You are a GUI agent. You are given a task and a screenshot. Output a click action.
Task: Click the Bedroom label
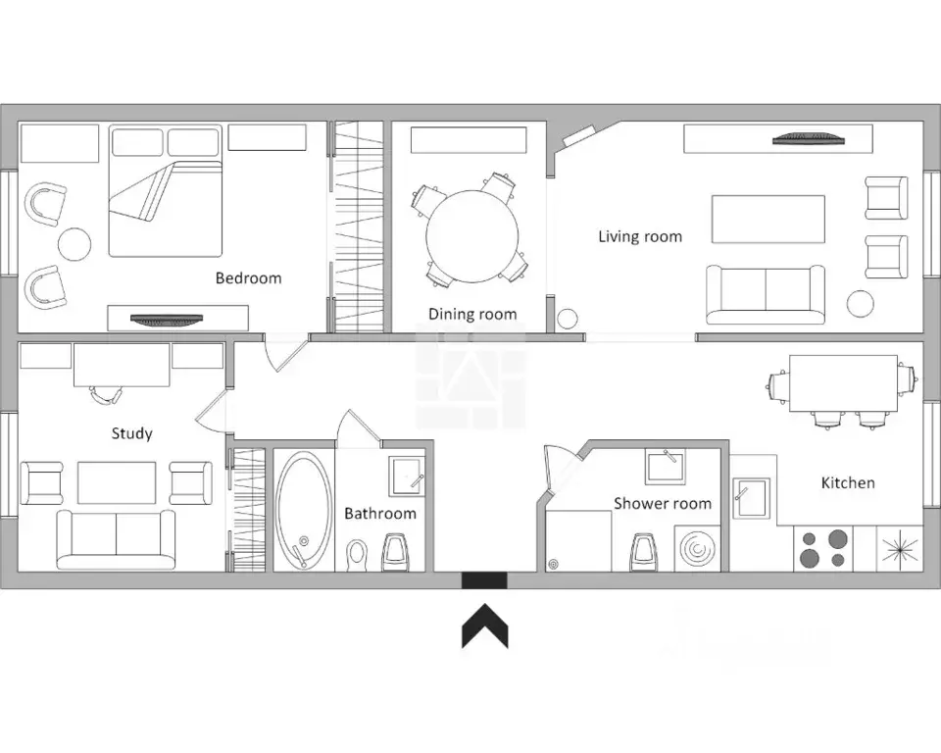point(248,278)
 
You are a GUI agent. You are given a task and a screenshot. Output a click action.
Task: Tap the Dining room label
point(472,314)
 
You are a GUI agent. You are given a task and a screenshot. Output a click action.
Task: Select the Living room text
point(640,236)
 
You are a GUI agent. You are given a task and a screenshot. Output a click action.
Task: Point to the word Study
point(132,433)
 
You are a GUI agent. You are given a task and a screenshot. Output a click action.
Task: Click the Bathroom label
point(380,514)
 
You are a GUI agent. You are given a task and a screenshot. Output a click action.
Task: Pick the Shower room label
point(663,503)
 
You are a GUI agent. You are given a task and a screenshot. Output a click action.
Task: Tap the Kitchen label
point(848,482)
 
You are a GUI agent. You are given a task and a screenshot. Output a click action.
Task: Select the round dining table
point(471,236)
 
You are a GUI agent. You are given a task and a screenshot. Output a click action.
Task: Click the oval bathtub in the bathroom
point(304,510)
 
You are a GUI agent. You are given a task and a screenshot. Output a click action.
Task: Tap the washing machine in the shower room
point(697,549)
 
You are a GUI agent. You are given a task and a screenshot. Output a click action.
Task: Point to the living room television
point(809,139)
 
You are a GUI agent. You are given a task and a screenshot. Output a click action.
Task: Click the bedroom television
point(167,320)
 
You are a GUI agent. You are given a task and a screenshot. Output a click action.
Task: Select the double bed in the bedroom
point(166,191)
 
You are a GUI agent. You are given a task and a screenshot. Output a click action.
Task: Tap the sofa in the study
point(116,540)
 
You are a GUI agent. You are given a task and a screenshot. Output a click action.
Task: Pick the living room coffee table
point(768,220)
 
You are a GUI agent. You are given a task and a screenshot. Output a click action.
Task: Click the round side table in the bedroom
point(74,244)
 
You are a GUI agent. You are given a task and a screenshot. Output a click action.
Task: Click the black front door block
point(484,580)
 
